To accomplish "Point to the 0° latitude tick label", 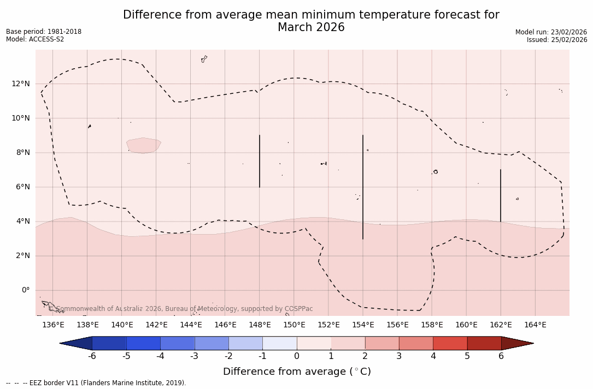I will (25, 290).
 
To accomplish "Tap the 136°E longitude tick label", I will (53, 325).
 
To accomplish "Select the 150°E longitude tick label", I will (294, 325).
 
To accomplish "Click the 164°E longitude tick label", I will (535, 325).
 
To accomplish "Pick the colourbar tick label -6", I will (92, 356).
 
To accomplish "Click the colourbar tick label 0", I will (297, 356).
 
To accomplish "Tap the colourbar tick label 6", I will (501, 356).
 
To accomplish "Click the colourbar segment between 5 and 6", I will (484, 343).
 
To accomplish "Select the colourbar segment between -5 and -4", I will (143, 343).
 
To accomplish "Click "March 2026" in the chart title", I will (311, 28).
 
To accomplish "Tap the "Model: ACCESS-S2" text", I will (35, 39).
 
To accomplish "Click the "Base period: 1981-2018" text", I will (44, 32).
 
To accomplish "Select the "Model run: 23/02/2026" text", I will (551, 32).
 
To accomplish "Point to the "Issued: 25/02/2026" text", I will (557, 40).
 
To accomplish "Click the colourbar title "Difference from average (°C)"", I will (297, 372).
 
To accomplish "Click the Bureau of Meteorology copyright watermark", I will (185, 309).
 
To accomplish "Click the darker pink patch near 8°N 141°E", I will (143, 145).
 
